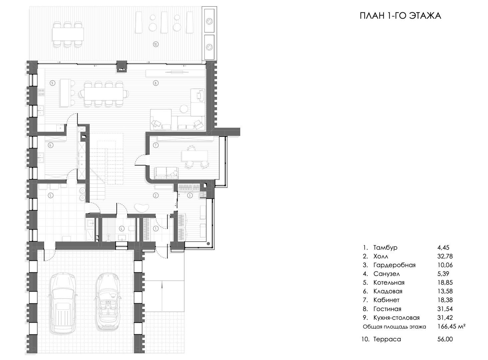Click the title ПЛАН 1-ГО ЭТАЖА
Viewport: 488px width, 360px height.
click(400, 16)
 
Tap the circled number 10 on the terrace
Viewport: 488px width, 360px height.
click(155, 44)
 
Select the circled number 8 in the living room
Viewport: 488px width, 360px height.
click(156, 83)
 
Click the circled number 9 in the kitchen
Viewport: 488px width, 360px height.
click(52, 83)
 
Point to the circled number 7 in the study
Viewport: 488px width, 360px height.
click(156, 145)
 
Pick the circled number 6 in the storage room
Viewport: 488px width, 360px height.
click(51, 145)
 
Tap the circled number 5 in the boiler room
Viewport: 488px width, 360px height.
click(51, 196)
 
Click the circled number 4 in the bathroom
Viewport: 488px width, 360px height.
click(122, 229)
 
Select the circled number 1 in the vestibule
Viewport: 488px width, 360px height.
click(156, 229)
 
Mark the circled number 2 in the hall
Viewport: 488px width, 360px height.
click(156, 196)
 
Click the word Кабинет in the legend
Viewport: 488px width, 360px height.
click(386, 300)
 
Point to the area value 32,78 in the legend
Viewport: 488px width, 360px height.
click(445, 256)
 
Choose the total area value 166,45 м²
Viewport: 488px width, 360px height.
click(451, 326)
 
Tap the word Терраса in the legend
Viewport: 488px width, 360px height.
click(387, 339)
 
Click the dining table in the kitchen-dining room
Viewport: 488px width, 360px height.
click(104, 94)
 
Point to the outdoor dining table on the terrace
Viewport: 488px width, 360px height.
click(68, 34)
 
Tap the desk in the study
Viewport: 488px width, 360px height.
click(195, 156)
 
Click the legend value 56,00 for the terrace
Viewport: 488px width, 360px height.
click(445, 339)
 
